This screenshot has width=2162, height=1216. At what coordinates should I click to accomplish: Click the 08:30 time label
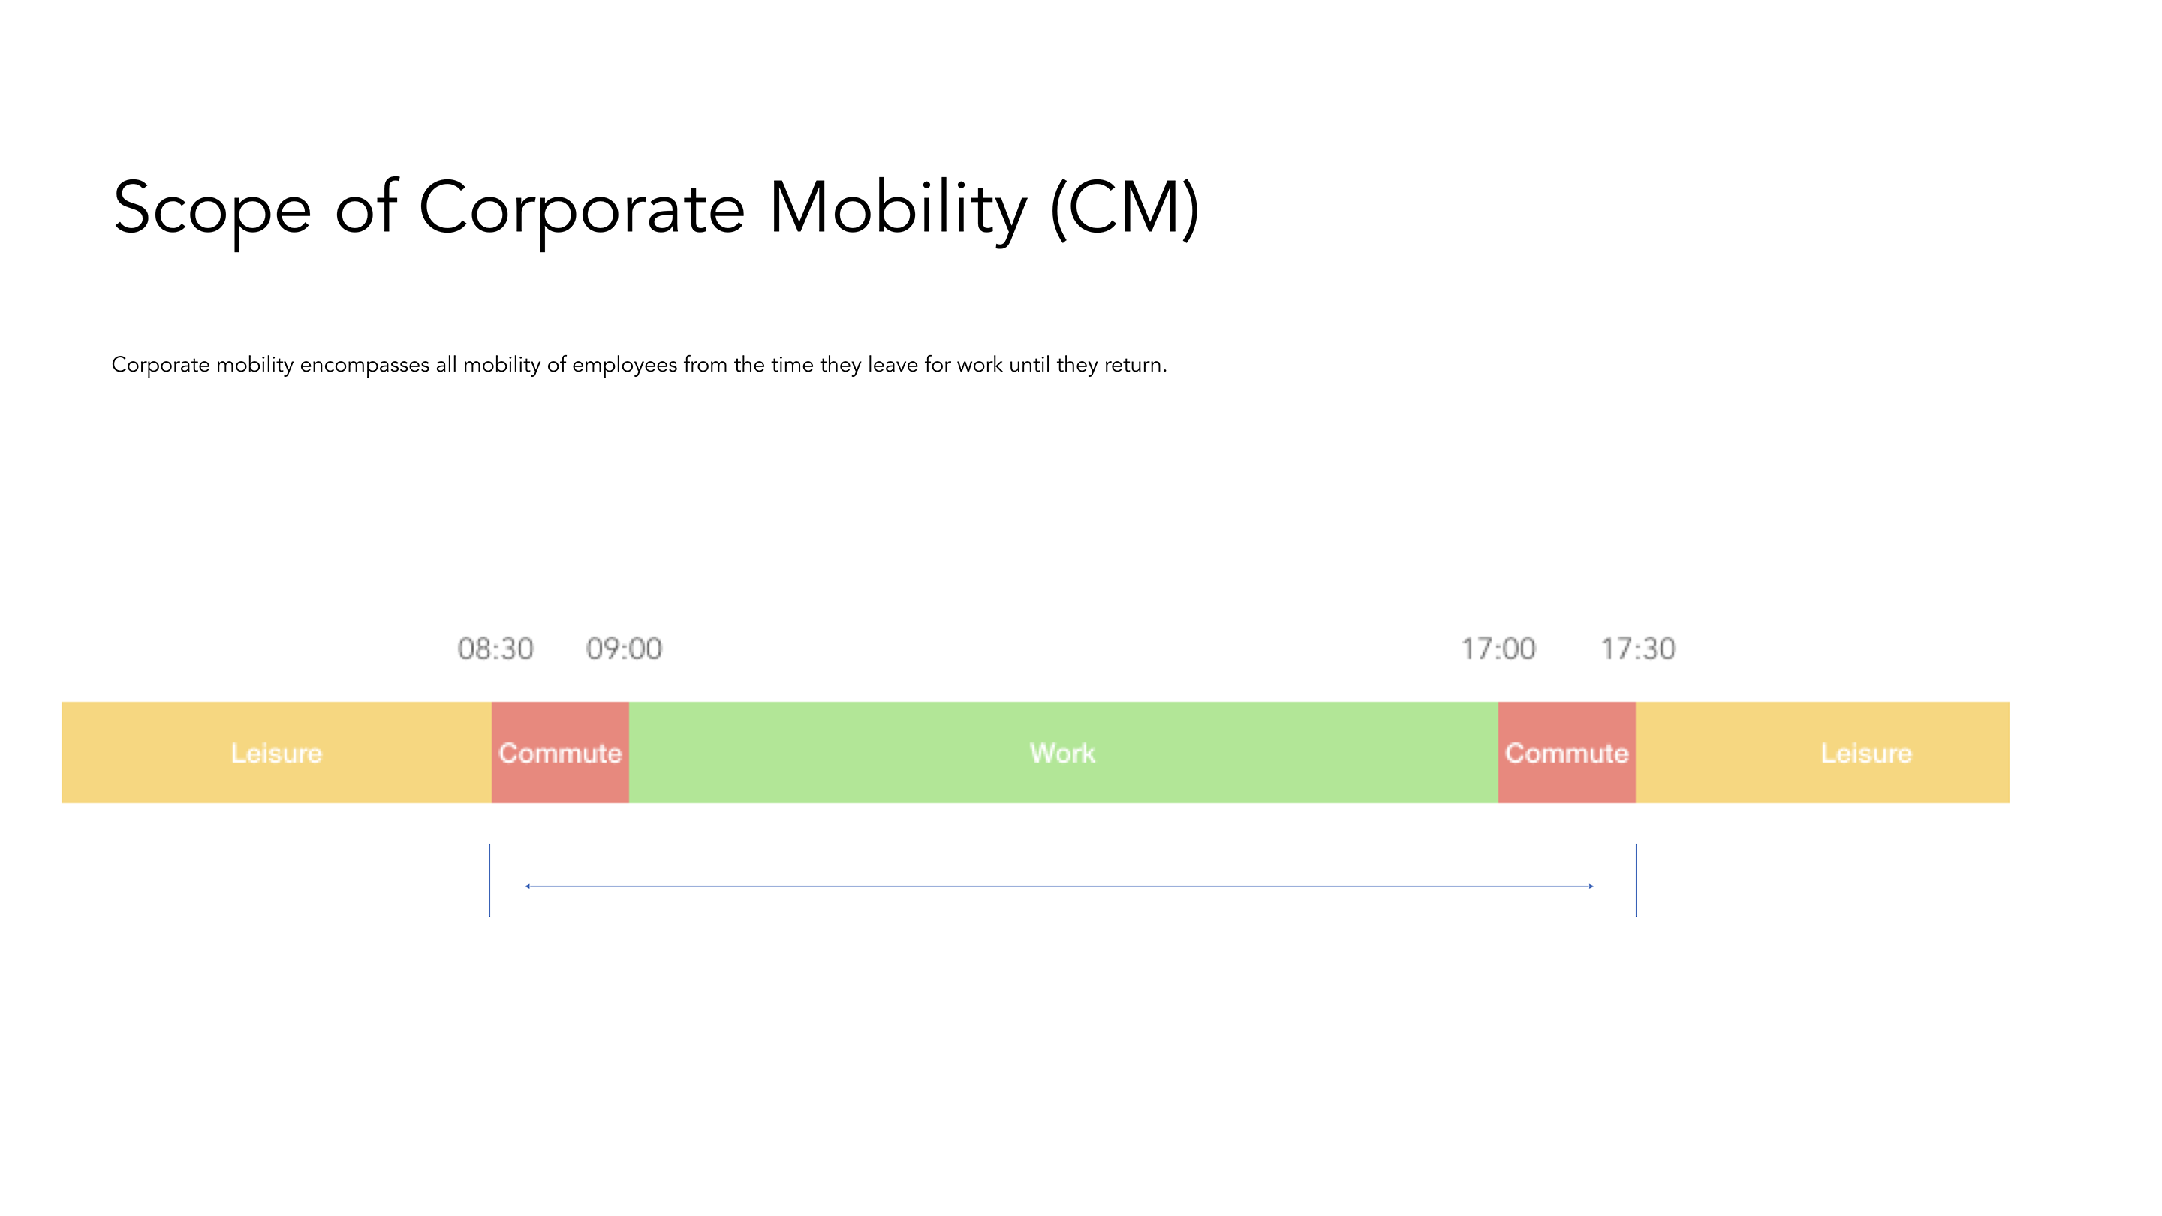click(x=495, y=649)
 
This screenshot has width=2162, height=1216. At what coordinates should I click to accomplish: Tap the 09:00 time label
click(x=624, y=649)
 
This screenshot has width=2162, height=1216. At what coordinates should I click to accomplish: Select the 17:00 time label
click(x=1498, y=649)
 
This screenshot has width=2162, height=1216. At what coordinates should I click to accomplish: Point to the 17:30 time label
click(x=1637, y=649)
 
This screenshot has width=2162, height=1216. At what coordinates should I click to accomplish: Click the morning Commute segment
click(x=560, y=753)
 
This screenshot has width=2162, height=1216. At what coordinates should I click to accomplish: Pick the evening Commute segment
click(x=1567, y=753)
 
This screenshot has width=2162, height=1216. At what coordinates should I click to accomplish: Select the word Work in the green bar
click(x=1062, y=754)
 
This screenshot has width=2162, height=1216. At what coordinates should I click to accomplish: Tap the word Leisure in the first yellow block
click(x=276, y=754)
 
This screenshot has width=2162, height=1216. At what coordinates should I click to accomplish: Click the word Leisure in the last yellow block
click(x=1865, y=754)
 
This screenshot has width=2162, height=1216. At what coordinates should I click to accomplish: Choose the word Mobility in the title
click(x=897, y=210)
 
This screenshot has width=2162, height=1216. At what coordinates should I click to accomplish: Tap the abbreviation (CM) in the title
click(x=1125, y=210)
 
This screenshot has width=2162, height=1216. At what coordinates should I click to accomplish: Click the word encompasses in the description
click(x=364, y=366)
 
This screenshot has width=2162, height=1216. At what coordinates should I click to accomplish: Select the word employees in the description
click(x=625, y=366)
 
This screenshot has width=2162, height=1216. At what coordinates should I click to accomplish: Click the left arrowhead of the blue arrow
click(x=527, y=886)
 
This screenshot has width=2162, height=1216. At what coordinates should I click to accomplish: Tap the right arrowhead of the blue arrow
click(x=1591, y=886)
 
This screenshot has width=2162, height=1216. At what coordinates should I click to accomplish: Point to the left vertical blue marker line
click(x=489, y=880)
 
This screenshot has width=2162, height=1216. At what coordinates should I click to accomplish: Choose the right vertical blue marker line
click(x=1636, y=880)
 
